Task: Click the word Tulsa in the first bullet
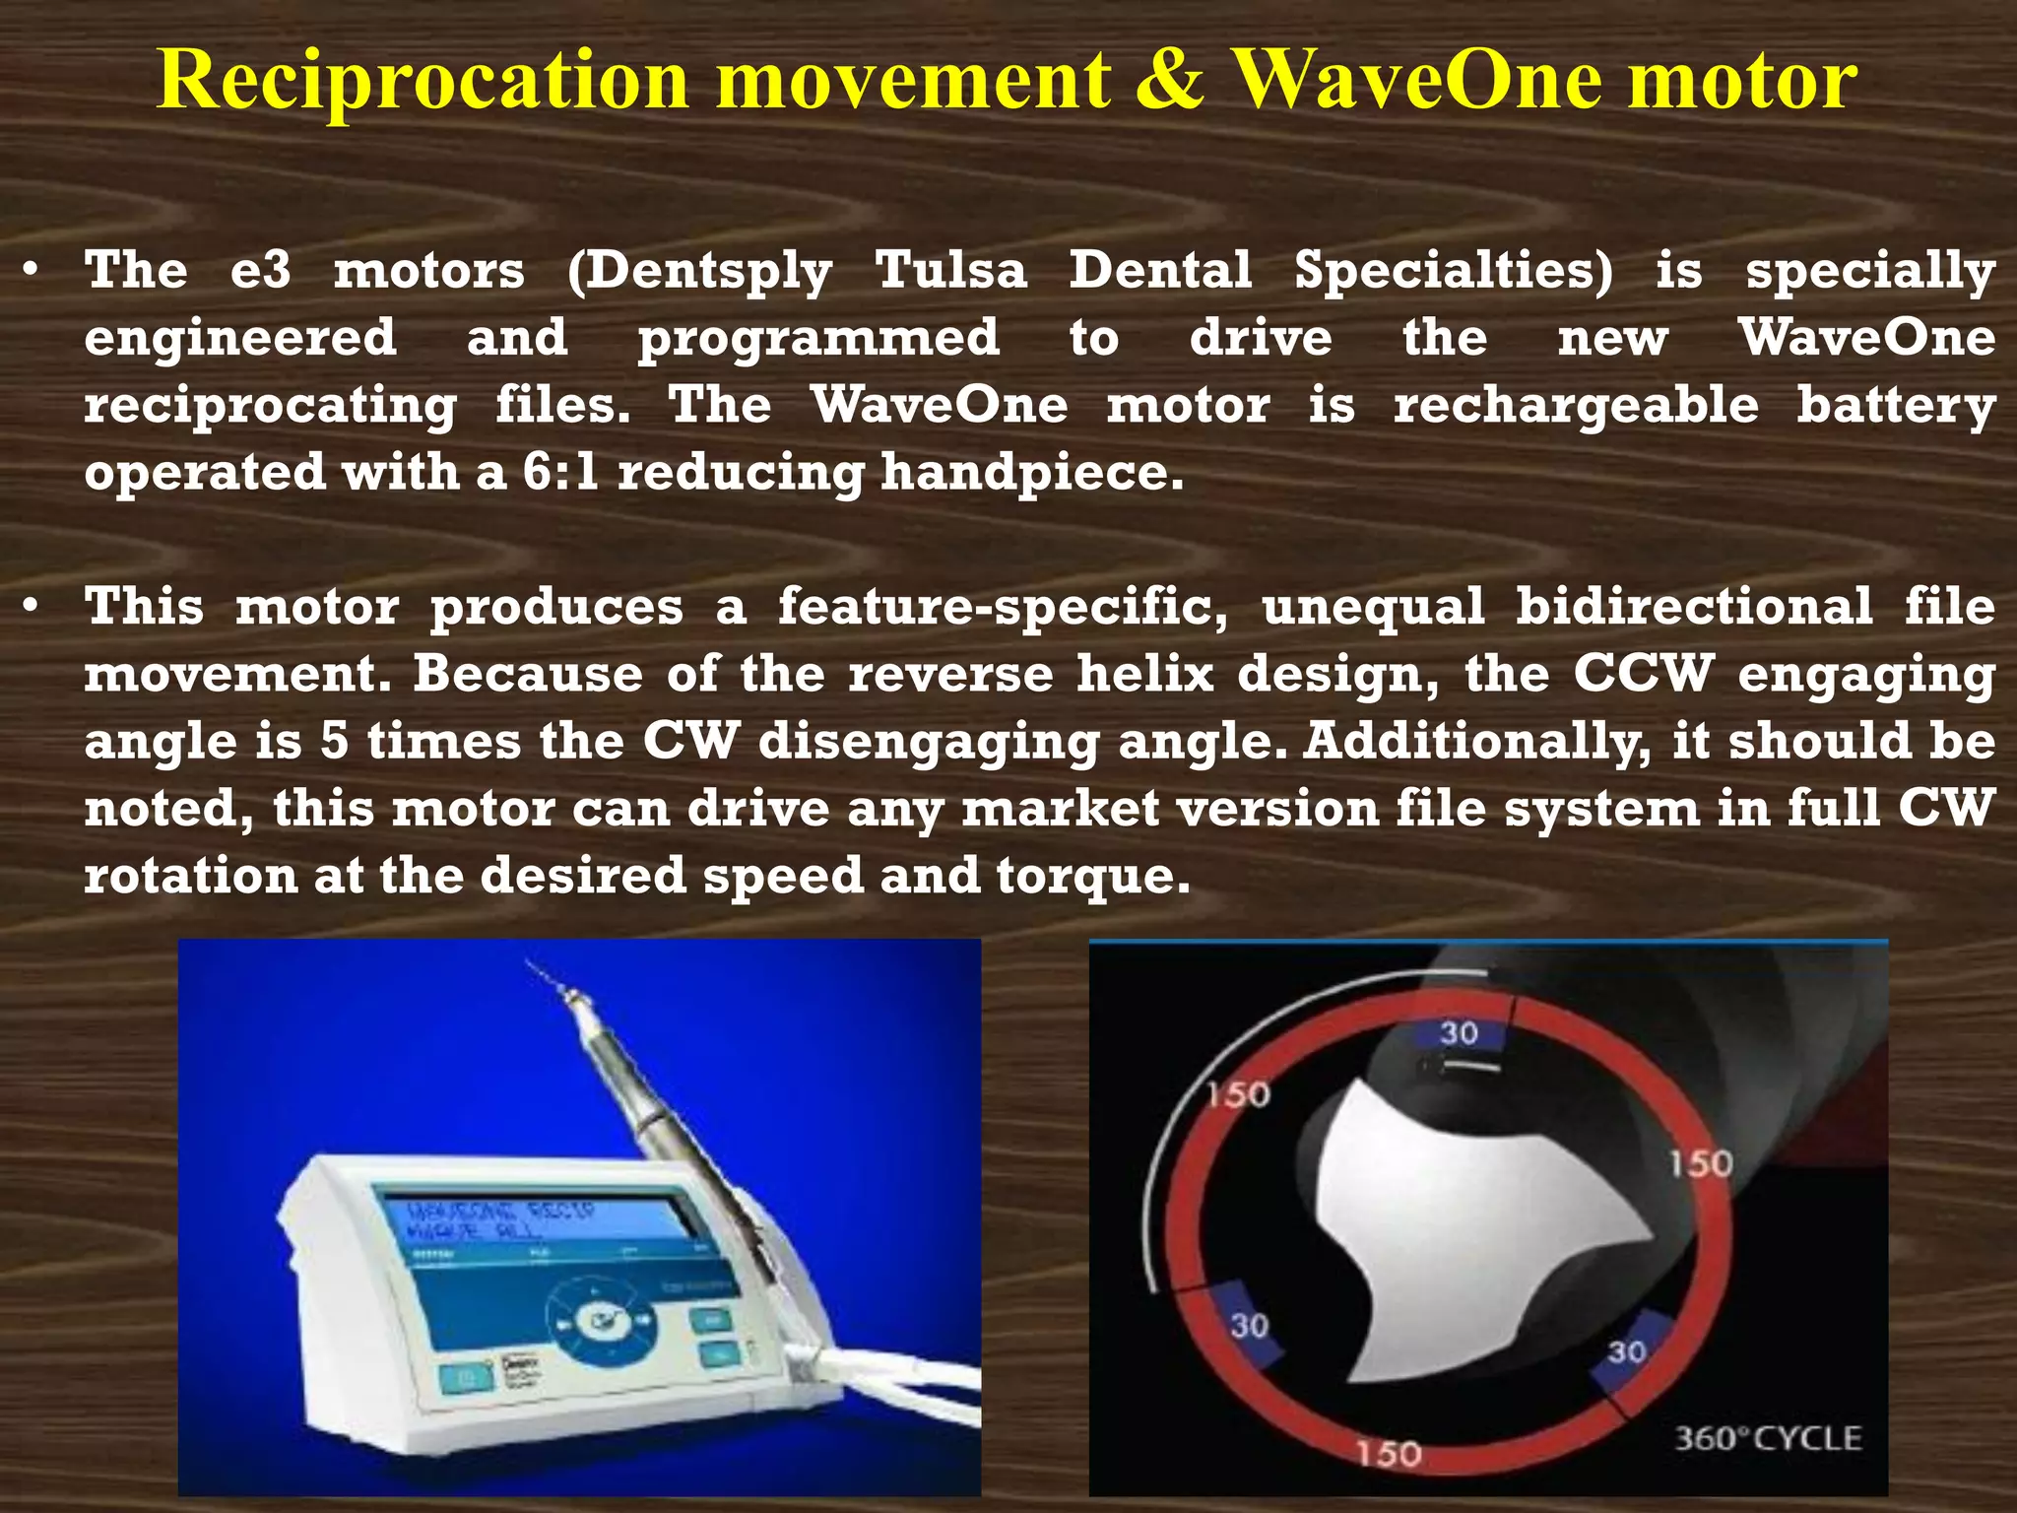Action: click(950, 270)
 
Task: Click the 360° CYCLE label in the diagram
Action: click(1768, 1439)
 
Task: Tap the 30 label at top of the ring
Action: click(1459, 1033)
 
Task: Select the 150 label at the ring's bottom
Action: click(1388, 1453)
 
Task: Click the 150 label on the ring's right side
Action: click(1701, 1164)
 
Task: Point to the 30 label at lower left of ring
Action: click(1249, 1326)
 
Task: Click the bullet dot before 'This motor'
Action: click(33, 607)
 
